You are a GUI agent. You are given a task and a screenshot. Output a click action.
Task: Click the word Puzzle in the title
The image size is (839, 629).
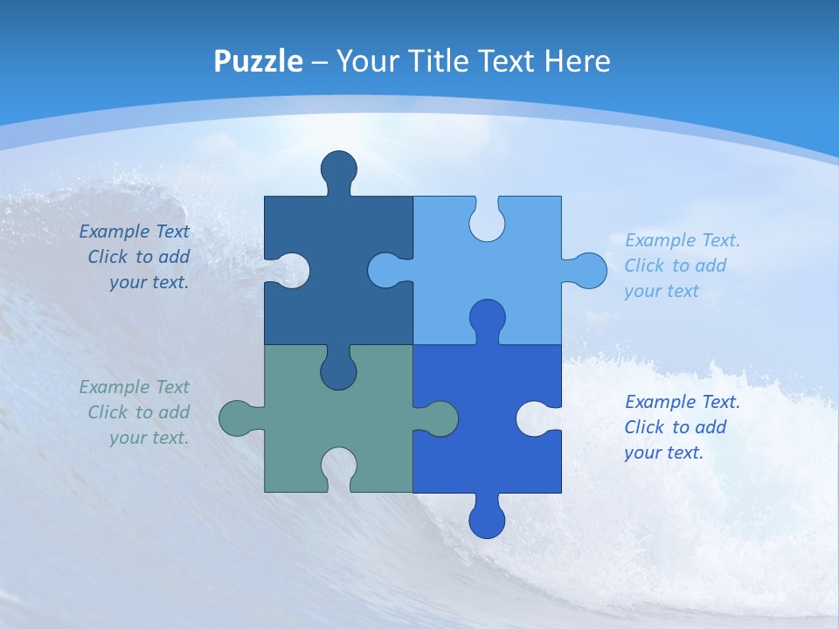(x=259, y=61)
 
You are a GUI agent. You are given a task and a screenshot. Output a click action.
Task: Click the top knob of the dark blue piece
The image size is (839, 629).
(x=339, y=169)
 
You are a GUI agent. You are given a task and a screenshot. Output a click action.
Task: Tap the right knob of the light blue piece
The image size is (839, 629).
(x=588, y=270)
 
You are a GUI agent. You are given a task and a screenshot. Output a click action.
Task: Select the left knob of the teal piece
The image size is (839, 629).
(x=237, y=418)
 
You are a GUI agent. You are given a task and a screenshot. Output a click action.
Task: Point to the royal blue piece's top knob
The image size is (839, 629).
(x=487, y=318)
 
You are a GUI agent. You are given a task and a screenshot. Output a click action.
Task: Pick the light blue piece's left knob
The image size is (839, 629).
(x=387, y=270)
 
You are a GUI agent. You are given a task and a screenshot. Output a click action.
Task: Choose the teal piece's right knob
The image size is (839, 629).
(x=440, y=418)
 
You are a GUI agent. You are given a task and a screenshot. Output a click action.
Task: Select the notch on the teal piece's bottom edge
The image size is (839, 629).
(x=339, y=467)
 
